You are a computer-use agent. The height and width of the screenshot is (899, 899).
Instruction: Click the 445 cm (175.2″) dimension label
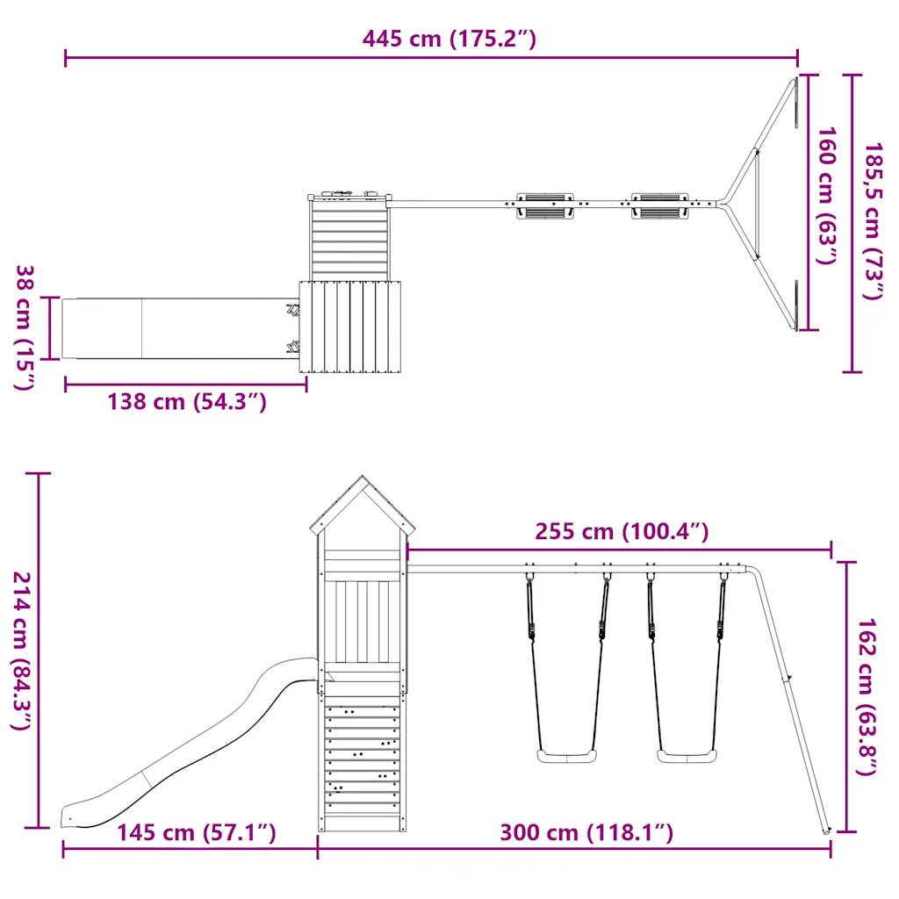449,39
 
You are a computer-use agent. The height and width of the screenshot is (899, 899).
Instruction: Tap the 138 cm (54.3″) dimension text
187,401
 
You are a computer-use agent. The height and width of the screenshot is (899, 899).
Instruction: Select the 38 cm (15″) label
25,327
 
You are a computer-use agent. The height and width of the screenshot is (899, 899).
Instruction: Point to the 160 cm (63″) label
826,196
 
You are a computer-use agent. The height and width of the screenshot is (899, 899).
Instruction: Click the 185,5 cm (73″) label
874,221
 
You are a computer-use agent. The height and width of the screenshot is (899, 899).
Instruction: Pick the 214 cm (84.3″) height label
22,651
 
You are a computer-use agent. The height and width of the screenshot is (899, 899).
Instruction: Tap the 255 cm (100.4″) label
622,531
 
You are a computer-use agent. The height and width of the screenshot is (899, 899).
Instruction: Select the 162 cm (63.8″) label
867,696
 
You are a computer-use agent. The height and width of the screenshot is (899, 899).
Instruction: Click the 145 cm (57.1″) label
197,832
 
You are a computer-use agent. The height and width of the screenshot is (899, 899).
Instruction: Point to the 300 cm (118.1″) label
586,832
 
